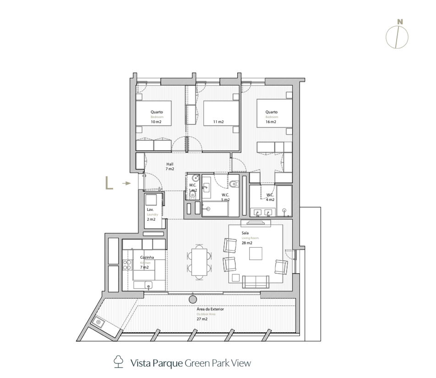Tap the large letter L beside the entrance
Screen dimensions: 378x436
[x=109, y=183]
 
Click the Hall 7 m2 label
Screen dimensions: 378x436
[x=170, y=167]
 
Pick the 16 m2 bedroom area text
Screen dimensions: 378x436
[x=271, y=122]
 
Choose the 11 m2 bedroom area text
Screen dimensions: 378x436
[x=218, y=122]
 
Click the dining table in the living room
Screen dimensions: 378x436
[x=199, y=262]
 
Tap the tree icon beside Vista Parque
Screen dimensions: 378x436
[x=119, y=363]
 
